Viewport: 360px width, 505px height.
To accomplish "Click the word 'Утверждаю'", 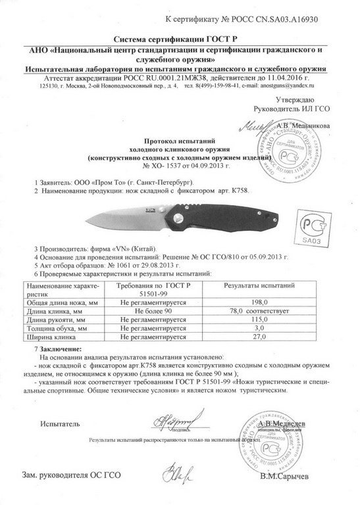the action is (298, 97).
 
